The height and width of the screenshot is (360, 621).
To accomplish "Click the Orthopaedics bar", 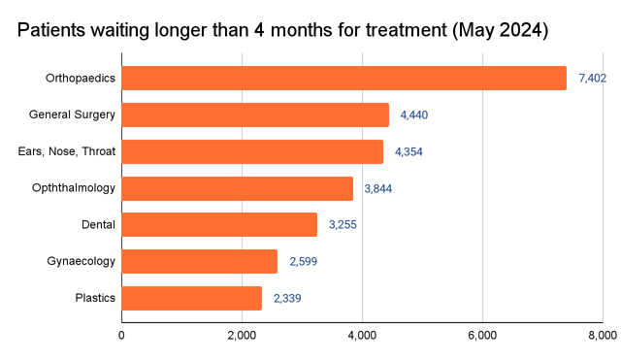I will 343,78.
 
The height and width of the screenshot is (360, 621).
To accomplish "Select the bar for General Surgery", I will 255,115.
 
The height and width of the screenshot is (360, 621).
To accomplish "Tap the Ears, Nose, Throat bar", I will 252,151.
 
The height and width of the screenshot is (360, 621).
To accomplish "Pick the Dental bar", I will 219,225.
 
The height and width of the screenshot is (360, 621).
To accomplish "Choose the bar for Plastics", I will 192,298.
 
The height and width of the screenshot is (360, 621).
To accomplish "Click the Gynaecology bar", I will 200,261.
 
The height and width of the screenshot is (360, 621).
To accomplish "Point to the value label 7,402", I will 592,78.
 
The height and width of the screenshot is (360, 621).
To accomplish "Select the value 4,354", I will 409,151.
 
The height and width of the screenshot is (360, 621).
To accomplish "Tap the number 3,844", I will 378,188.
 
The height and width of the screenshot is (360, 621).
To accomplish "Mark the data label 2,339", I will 287,298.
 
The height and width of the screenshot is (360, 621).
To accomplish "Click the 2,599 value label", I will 303,261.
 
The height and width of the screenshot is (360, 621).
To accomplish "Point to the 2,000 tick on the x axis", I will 242,336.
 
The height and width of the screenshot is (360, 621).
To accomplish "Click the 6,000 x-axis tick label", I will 482,336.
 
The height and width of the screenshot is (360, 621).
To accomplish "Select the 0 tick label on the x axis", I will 122,336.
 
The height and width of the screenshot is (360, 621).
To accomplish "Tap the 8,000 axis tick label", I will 601,336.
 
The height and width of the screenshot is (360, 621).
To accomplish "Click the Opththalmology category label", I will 74,188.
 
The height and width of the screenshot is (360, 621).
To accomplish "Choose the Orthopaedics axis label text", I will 81,78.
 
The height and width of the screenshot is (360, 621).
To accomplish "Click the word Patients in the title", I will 54,30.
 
